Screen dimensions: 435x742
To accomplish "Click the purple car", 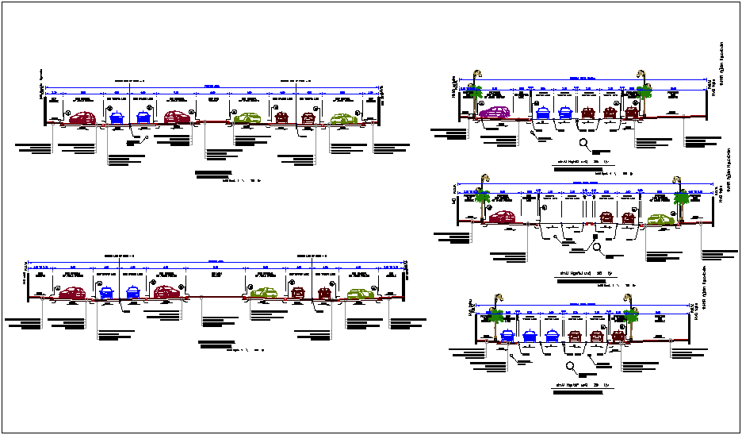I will click(496, 113).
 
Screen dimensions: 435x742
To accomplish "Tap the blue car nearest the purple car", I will click(544, 113).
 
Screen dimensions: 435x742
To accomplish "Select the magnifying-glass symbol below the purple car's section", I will click(584, 144).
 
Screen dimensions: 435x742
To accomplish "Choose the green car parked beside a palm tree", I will click(658, 219).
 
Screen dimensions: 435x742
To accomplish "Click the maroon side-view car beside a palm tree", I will click(501, 216).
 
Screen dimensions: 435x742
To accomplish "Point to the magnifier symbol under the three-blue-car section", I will click(572, 366).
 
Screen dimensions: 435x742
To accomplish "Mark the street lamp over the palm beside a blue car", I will click(492, 302).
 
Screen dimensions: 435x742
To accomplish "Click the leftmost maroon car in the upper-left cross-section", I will click(82, 118).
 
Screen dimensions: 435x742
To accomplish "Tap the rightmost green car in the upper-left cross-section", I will click(344, 120).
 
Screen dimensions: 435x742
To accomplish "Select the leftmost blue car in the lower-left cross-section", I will click(106, 293).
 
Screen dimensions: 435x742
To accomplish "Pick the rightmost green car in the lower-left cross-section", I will click(363, 293).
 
